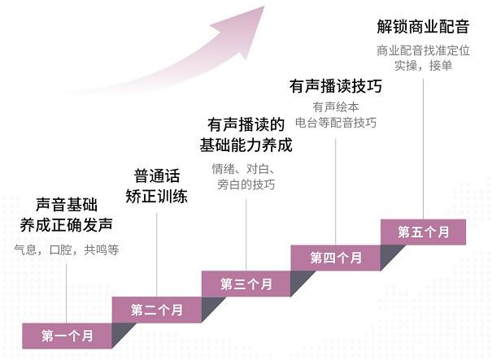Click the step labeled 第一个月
coord(67,336)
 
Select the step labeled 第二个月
coord(157,310)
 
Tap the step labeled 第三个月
coord(246,284)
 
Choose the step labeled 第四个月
coord(336,258)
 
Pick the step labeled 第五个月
coord(424,232)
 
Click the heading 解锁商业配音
coord(423,26)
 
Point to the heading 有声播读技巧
coord(336,86)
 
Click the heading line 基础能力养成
coord(246,145)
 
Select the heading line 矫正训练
coord(157,197)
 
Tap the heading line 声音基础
coord(67,205)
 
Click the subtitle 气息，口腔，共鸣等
coord(67,250)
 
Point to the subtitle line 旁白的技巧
coord(246,184)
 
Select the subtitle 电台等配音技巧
coord(336,123)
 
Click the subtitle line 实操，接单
coord(423,66)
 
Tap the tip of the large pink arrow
coord(264,7)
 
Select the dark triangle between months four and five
coord(390,255)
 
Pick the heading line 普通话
coord(157,176)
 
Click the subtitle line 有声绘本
coord(336,107)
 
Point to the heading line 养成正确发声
coord(67,225)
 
